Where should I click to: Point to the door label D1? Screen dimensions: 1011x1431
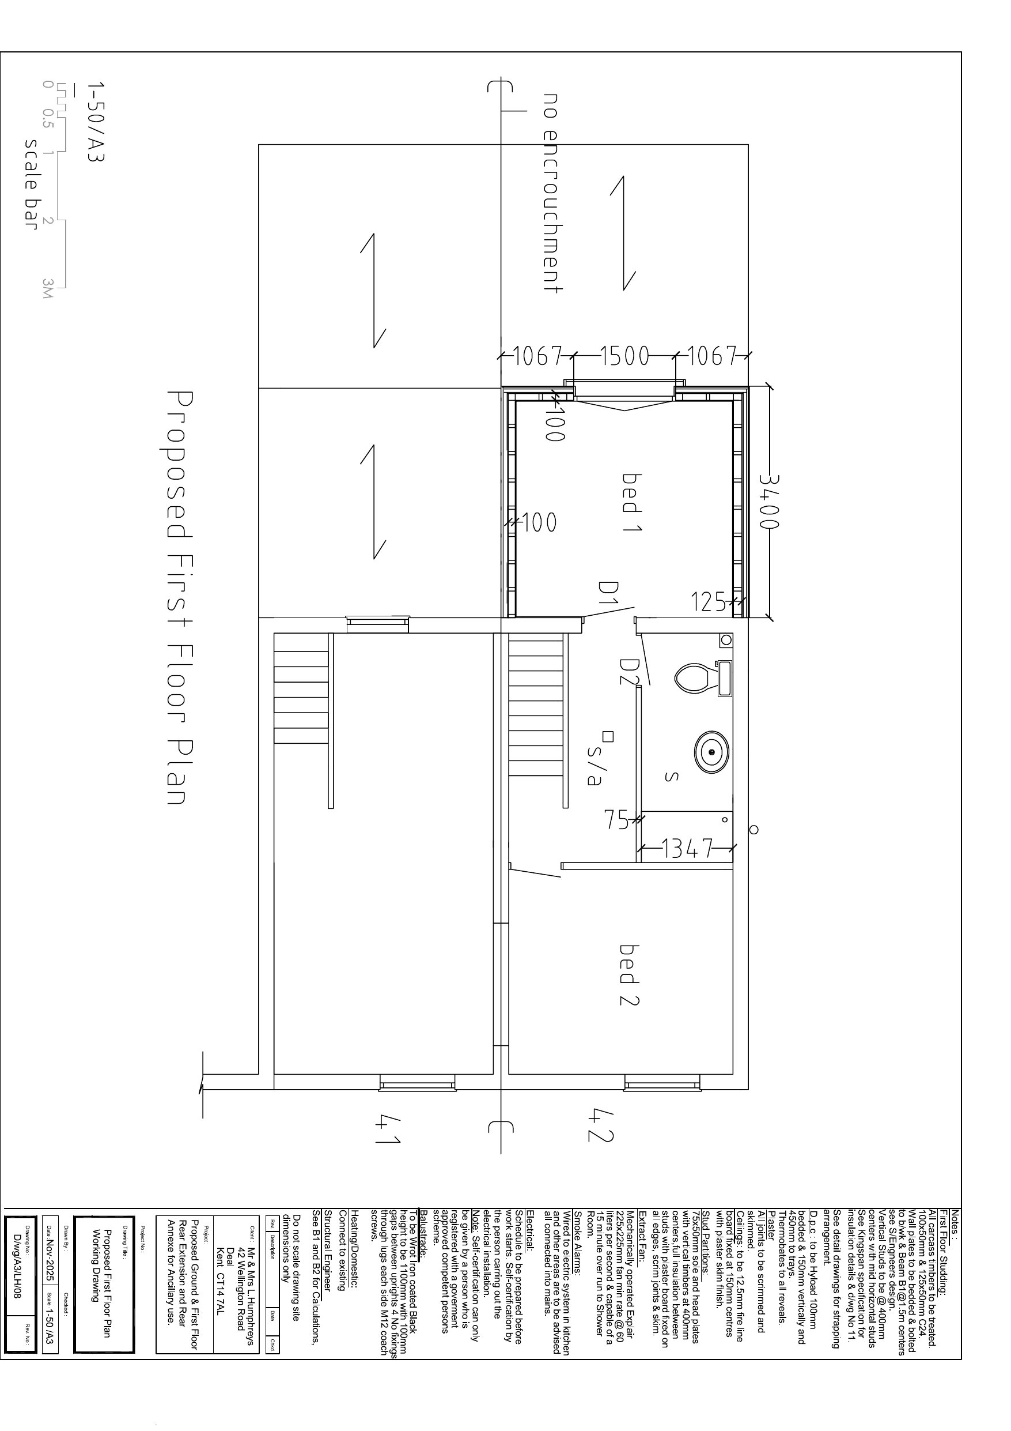pos(607,594)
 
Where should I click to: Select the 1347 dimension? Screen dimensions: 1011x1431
pos(687,848)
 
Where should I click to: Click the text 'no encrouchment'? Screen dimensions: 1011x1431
pos(552,193)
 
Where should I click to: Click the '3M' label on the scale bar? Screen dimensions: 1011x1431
pos(48,288)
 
